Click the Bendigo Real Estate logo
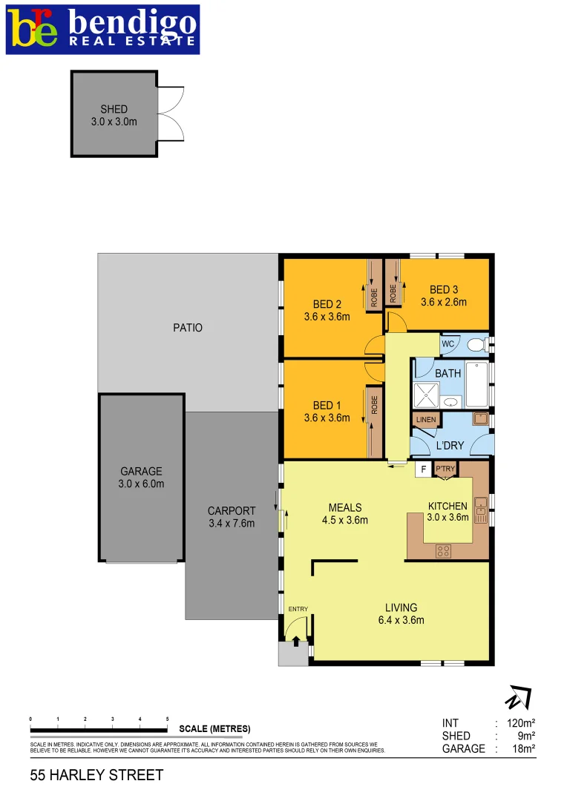[102, 29]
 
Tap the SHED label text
[114, 109]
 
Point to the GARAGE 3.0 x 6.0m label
[141, 478]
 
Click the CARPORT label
[232, 517]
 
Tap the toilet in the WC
[479, 344]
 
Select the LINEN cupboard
[426, 421]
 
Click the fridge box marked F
[423, 469]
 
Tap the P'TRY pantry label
[445, 469]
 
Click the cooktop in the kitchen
[444, 550]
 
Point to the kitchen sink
[481, 506]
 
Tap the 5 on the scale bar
[168, 719]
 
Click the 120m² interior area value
[520, 723]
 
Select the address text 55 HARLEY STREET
[96, 776]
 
